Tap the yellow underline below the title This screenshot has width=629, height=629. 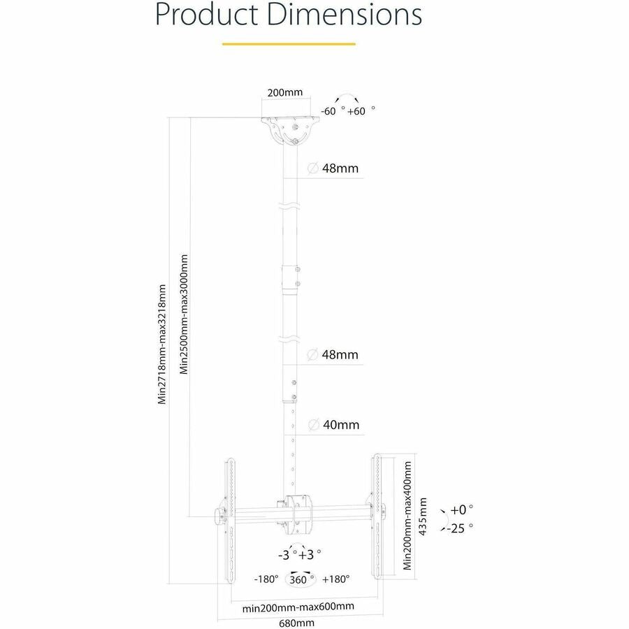pos(289,43)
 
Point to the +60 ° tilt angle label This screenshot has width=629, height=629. pos(362,110)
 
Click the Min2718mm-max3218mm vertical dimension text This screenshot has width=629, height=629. pos(162,344)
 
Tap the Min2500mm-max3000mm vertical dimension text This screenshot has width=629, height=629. pos(185,314)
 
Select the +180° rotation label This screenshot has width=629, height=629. pos(336,579)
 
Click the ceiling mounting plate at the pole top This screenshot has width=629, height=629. pos(289,129)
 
